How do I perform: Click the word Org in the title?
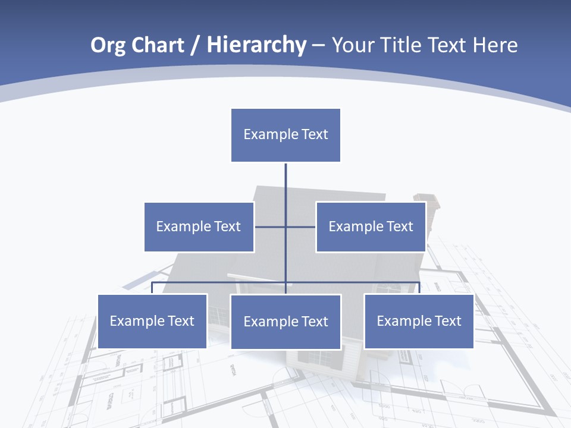pyautogui.click(x=108, y=45)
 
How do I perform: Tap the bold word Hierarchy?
pyautogui.click(x=256, y=45)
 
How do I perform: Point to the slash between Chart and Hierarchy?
pyautogui.click(x=195, y=45)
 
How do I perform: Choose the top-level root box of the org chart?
pyautogui.click(x=285, y=135)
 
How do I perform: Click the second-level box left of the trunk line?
pyautogui.click(x=199, y=226)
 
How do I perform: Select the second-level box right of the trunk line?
pyautogui.click(x=371, y=226)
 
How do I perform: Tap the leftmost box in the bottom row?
pyautogui.click(x=152, y=321)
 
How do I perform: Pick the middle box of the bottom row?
pyautogui.click(x=285, y=322)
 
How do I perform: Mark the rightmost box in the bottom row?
pyautogui.click(x=419, y=321)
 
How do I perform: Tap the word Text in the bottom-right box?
pyautogui.click(x=448, y=321)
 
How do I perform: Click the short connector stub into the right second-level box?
pyautogui.click(x=301, y=226)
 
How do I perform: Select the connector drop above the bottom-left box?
pyautogui.click(x=152, y=288)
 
